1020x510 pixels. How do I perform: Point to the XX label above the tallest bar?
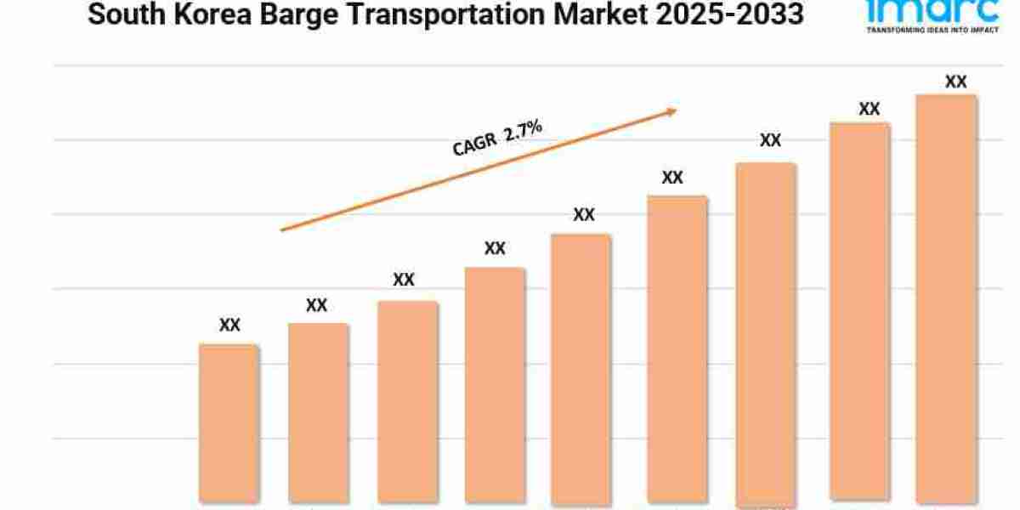click(x=956, y=82)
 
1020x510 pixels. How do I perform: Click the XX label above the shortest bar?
click(x=229, y=325)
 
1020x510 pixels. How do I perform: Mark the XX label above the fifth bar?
click(x=584, y=215)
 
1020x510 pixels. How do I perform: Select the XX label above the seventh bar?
click(x=770, y=141)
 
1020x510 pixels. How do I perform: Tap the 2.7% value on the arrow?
click(x=523, y=133)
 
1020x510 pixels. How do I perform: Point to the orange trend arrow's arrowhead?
click(x=671, y=110)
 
